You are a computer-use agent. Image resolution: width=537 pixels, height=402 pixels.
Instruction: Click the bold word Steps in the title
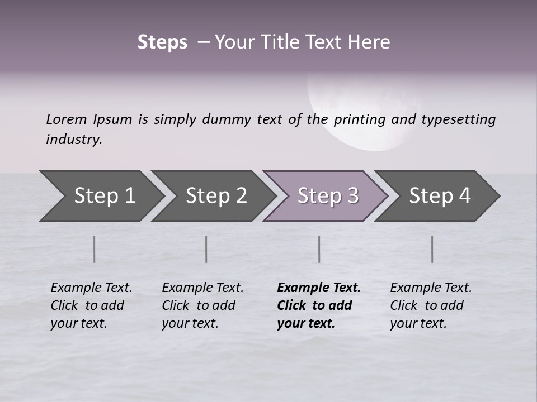coord(162,42)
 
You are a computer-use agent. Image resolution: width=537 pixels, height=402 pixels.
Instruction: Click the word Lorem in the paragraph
coord(67,119)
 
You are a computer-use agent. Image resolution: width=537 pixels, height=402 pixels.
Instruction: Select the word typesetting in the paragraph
coord(458,119)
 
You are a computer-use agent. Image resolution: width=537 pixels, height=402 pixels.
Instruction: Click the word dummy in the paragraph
coord(227,119)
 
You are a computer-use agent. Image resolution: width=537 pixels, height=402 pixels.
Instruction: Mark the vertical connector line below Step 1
coord(95,249)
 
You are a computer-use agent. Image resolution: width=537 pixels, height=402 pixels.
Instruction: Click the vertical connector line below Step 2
coord(206,249)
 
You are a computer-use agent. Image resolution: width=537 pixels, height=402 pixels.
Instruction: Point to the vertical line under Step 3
coord(319,249)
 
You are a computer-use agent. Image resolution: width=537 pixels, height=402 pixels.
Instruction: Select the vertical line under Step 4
coord(432,249)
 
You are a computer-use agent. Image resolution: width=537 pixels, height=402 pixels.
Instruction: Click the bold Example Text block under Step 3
coord(318,305)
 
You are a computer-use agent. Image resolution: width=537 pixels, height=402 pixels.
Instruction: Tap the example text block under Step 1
coord(91,305)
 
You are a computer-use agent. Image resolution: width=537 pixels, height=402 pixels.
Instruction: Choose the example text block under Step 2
coord(202,305)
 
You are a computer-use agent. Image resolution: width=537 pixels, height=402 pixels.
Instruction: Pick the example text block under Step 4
coord(431,305)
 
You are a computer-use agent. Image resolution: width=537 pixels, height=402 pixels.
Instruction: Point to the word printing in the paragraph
coord(360,119)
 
